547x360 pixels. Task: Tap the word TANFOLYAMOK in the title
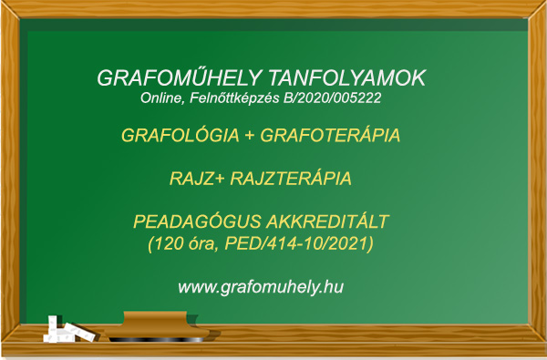[x=347, y=77]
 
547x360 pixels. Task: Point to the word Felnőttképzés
[x=234, y=98]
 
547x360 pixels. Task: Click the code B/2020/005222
[x=333, y=98]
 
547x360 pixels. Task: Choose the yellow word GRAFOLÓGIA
[x=181, y=136]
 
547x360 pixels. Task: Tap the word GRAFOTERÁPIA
[x=330, y=136]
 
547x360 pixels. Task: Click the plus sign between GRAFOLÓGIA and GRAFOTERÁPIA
[x=250, y=136]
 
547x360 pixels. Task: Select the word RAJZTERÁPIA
[x=291, y=179]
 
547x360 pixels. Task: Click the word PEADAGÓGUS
[x=197, y=221]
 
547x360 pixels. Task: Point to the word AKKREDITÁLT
[x=327, y=221]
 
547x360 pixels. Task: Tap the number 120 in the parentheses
[x=169, y=243]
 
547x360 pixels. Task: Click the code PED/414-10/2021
[x=296, y=243]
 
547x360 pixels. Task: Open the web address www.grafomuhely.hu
[x=261, y=287]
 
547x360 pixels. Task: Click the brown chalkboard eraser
[x=157, y=326]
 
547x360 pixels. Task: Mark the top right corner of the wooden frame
[x=546, y=1]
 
